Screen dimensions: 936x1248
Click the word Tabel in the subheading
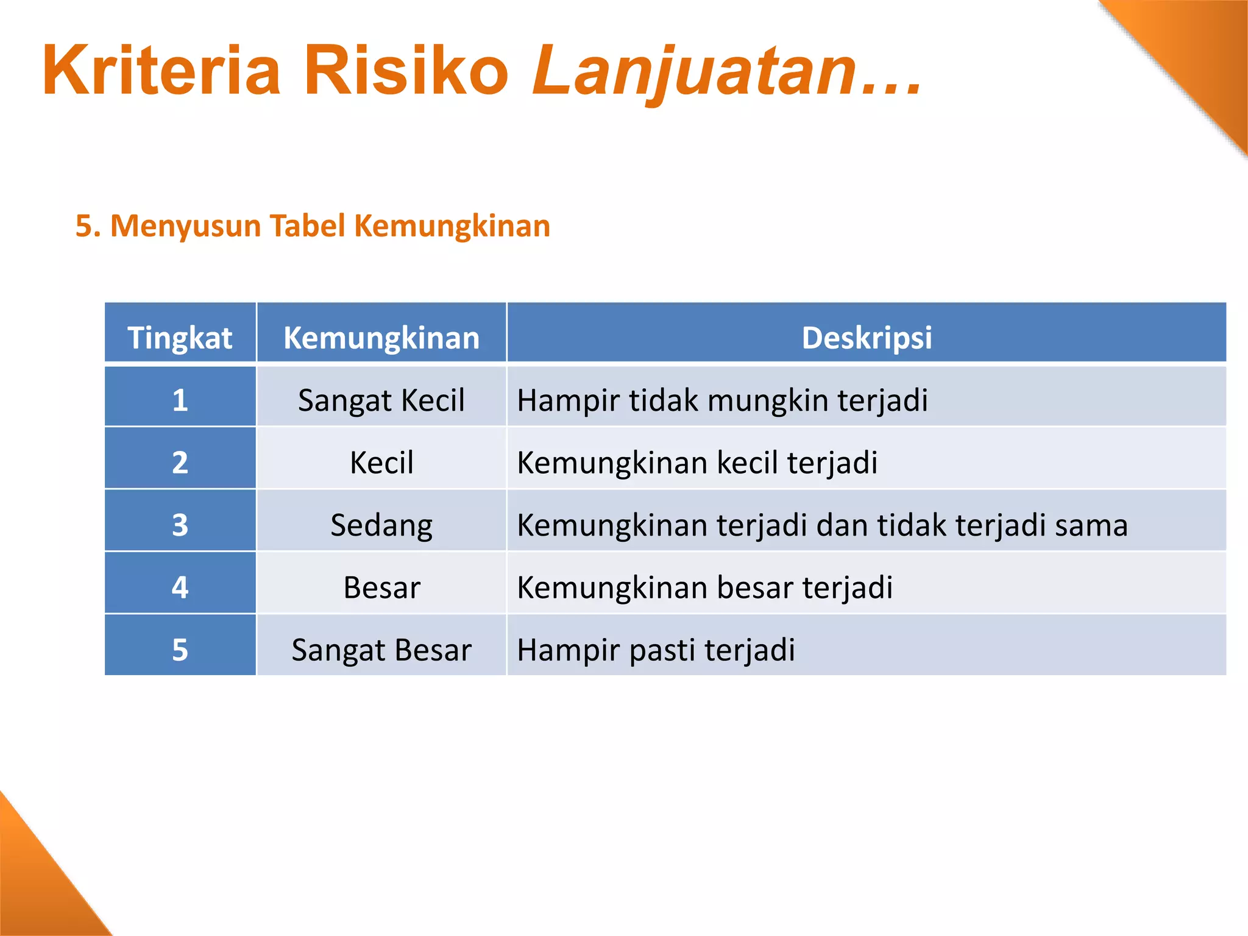pyautogui.click(x=307, y=226)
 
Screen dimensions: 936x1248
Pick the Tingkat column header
pyautogui.click(x=180, y=338)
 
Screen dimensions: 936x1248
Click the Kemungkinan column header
pyautogui.click(x=381, y=338)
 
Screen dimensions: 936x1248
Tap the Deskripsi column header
pyautogui.click(x=867, y=338)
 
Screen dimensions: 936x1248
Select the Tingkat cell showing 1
pyautogui.click(x=180, y=400)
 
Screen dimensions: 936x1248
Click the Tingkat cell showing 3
pyautogui.click(x=180, y=525)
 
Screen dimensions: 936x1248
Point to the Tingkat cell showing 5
pyautogui.click(x=180, y=650)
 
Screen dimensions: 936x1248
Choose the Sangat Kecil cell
pyautogui.click(x=381, y=400)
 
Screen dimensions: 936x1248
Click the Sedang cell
pyautogui.click(x=381, y=525)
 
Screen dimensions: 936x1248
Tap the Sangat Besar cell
pyautogui.click(x=381, y=650)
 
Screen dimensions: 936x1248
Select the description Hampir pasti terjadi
pyautogui.click(x=656, y=650)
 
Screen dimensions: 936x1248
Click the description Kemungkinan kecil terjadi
pyautogui.click(x=697, y=463)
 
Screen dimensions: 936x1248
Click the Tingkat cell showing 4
pyautogui.click(x=180, y=587)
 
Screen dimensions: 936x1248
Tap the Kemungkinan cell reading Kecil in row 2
pyautogui.click(x=381, y=463)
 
